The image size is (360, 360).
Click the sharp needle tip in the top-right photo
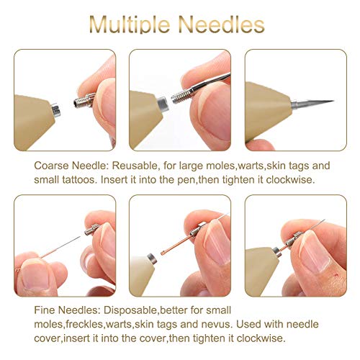tap(328, 102)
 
